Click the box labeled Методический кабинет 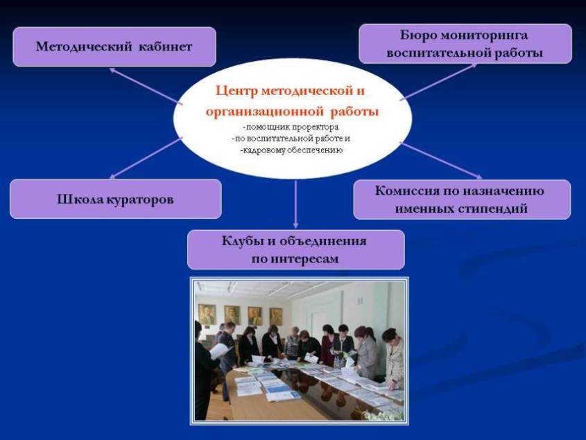114,46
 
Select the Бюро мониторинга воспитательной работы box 465,44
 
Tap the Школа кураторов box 116,199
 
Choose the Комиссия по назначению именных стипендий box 462,200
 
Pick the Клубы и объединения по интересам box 296,249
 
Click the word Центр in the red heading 236,91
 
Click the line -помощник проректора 291,127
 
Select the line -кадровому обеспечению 291,150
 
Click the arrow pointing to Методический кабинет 146,87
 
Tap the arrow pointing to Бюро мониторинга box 438,82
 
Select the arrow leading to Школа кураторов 146,158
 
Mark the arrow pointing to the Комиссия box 441,161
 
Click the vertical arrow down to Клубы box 295,204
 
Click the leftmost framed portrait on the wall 207,314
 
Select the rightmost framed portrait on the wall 276,316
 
